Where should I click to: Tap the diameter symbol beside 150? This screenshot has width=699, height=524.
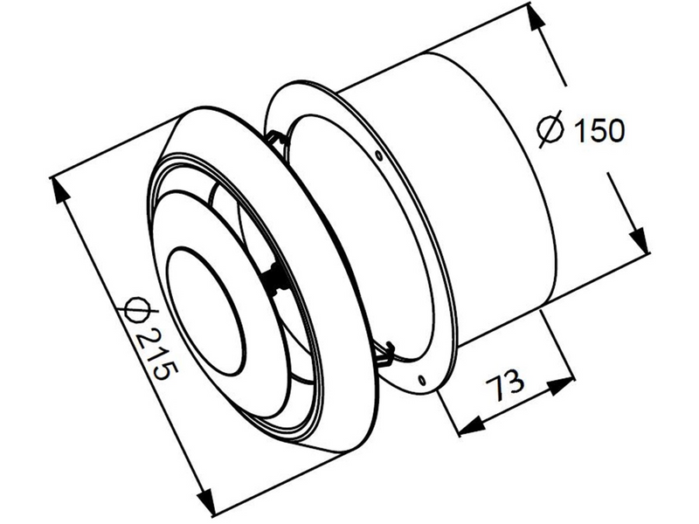(550, 129)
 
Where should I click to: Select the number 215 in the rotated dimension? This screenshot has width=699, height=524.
(157, 354)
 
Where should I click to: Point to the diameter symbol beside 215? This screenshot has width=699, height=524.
(135, 308)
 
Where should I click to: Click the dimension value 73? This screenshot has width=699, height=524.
(504, 384)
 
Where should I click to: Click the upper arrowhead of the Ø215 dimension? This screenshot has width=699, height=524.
(60, 190)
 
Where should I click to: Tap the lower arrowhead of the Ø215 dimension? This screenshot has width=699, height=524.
(205, 500)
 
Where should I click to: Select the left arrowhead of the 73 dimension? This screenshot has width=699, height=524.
(471, 425)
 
